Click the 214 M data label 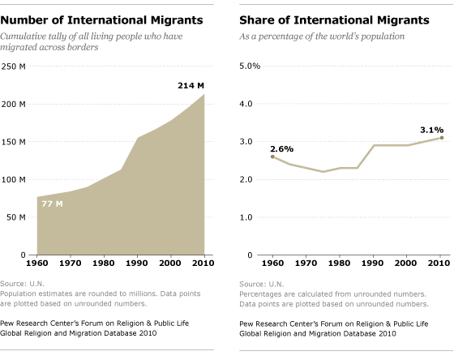191,86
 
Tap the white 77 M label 52,204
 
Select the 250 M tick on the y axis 13,66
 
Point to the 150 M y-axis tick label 13,142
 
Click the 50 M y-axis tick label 16,217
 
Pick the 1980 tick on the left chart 104,263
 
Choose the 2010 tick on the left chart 203,263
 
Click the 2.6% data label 282,149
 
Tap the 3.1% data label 431,130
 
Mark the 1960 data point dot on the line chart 272,156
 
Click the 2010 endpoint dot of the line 442,138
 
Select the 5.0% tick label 250,66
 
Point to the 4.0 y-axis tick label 246,104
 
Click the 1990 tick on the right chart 373,263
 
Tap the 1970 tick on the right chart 306,263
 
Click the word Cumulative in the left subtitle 24,36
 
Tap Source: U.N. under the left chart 23,284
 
